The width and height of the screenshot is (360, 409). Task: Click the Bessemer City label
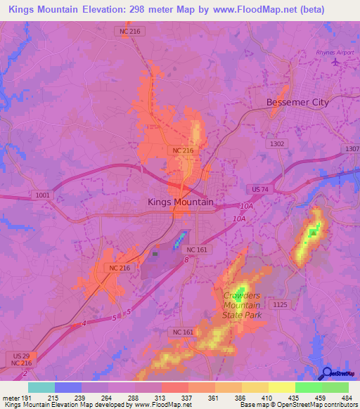point(297,103)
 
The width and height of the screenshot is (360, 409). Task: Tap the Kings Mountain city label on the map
point(181,202)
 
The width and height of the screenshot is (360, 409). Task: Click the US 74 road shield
point(256,190)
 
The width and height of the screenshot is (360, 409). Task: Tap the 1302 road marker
point(278,143)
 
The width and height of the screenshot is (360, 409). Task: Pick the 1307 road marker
point(352,149)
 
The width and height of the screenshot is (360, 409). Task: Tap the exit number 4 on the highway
point(84,323)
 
